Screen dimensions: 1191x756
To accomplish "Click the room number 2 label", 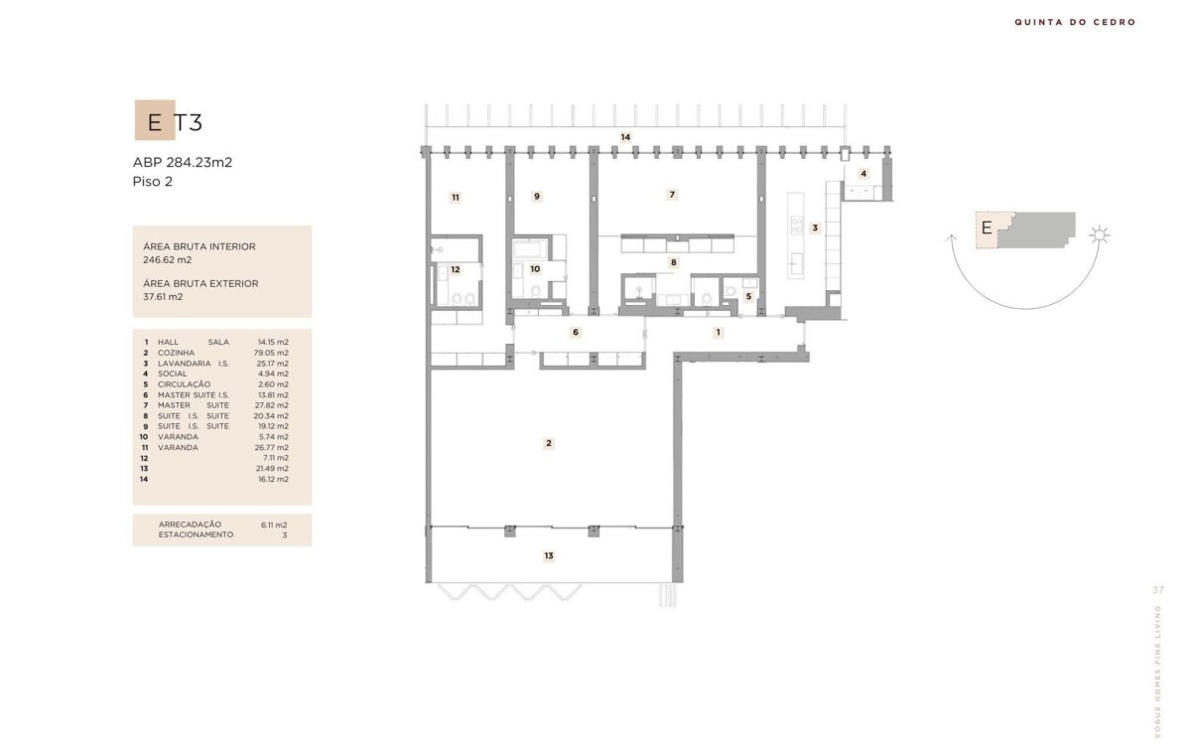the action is pos(549,443).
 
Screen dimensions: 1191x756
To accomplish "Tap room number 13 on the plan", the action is pos(549,556).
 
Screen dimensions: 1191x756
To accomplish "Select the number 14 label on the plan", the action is pos(625,137).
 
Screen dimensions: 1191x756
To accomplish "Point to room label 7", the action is pos(672,195).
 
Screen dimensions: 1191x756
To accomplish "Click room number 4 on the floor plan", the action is pos(863,174).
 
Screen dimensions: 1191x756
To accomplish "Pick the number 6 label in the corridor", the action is pos(576,333).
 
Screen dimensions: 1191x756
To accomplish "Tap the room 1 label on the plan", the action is pos(718,333).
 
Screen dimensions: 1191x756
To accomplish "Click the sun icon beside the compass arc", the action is pos(1099,234).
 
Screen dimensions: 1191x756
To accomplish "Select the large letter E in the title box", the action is pos(155,123).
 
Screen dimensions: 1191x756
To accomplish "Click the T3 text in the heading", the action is pos(189,123).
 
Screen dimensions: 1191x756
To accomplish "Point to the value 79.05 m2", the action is pos(271,353).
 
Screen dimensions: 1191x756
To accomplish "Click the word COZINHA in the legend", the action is pos(176,353).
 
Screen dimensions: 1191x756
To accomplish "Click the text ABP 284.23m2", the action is pos(183,162).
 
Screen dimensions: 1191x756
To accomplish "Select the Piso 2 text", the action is pos(153,182).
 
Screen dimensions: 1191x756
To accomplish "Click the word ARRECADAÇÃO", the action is pos(190,525).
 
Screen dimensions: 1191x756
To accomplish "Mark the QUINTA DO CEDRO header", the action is pos(1075,22).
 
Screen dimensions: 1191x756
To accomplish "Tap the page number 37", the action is pos(1158,590).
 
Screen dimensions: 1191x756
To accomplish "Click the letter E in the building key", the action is pos(987,228).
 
